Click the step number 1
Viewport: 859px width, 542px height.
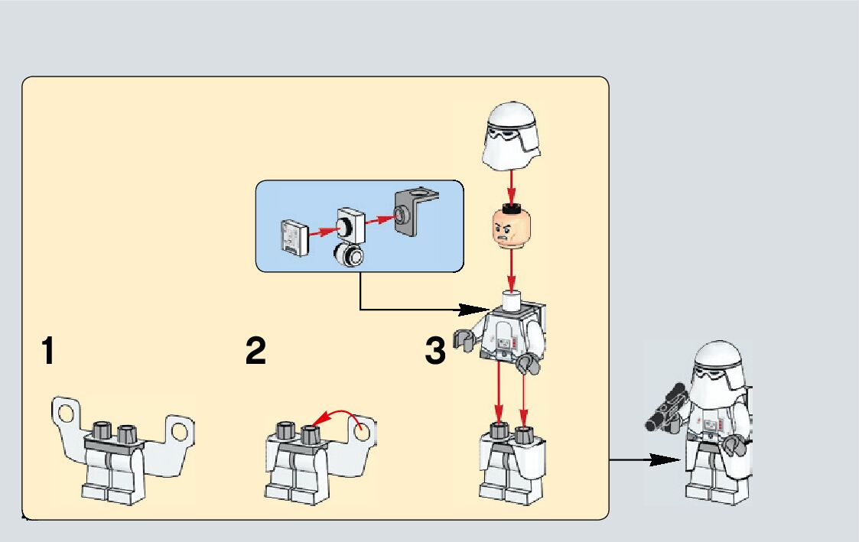[x=48, y=352]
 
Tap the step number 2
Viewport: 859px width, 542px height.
[x=256, y=352]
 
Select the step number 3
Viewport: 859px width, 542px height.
[x=435, y=352]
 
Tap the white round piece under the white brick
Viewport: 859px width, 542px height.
[x=350, y=255]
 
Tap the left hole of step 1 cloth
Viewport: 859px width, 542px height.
[x=65, y=414]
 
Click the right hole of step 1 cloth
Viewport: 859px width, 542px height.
[x=179, y=430]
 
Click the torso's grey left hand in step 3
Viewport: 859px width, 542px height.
[x=464, y=339]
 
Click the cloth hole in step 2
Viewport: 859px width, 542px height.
[x=363, y=431]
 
